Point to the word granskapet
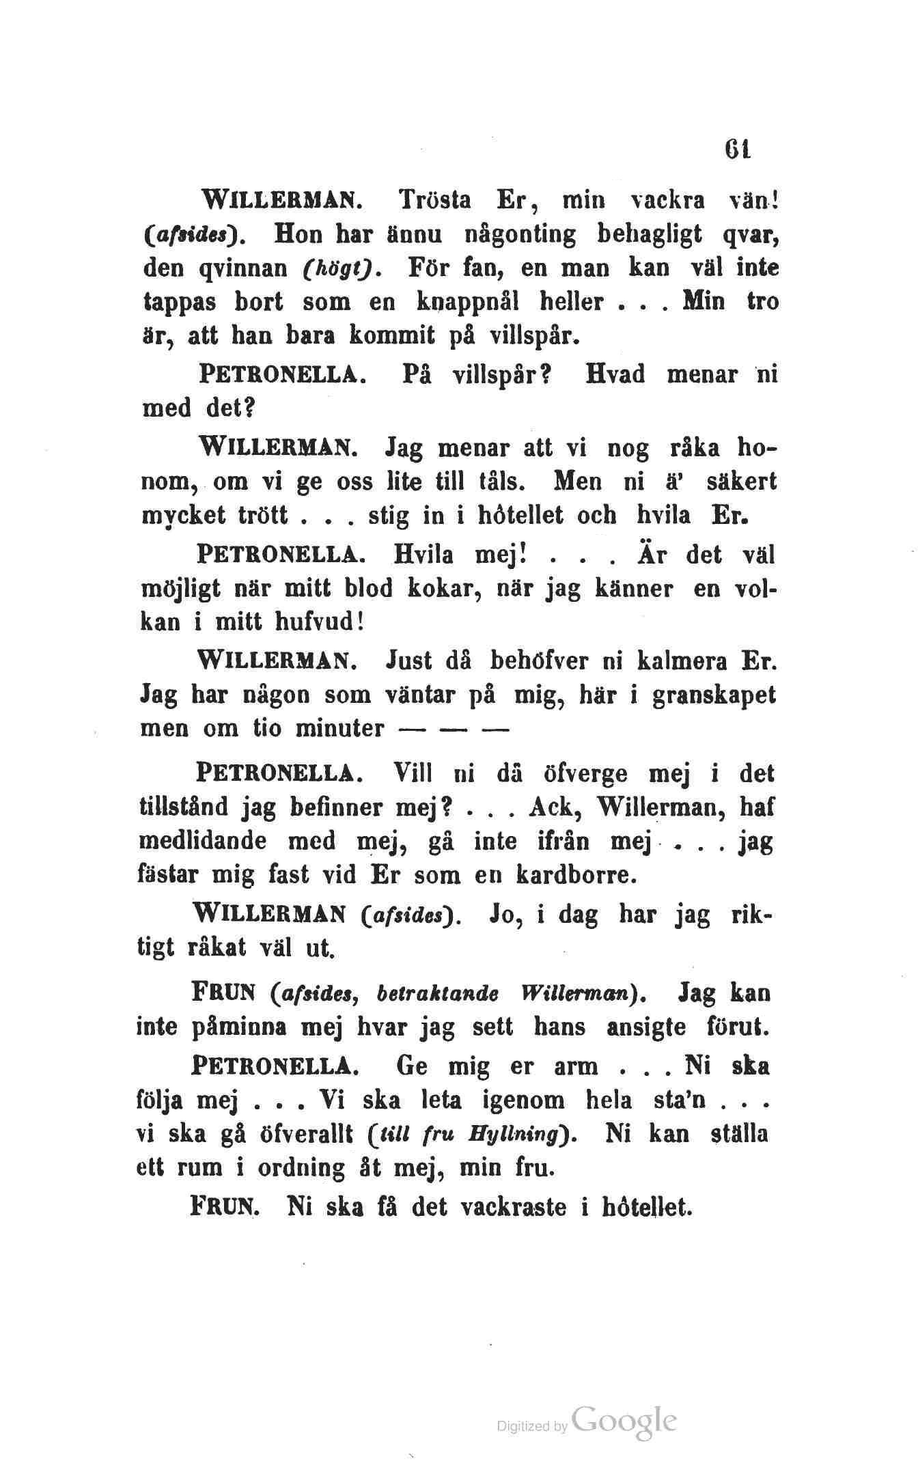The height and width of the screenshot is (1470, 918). pos(714,696)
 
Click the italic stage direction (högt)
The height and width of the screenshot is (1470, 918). pos(339,268)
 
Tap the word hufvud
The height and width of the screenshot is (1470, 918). pos(317,621)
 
